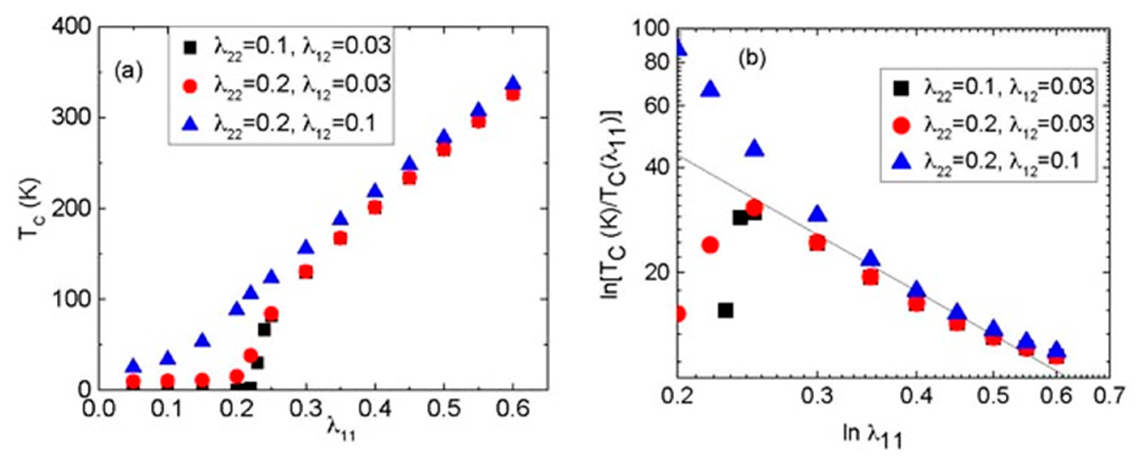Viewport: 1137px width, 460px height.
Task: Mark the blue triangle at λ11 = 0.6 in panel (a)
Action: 513,83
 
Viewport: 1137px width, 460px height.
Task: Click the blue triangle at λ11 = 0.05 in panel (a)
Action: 133,366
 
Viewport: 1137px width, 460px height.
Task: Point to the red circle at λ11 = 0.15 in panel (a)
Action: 202,380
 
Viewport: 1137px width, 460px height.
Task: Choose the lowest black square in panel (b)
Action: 725,310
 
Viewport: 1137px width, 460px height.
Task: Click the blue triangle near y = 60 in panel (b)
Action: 710,89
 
